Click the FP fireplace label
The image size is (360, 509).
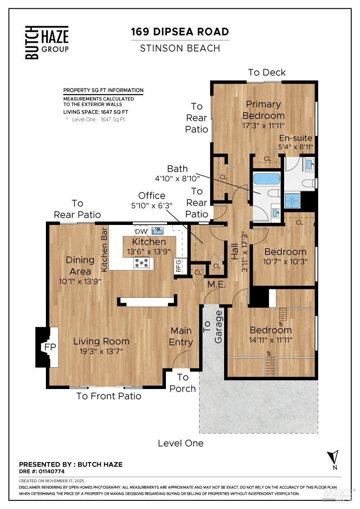click(x=50, y=347)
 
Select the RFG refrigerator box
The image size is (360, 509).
click(x=178, y=266)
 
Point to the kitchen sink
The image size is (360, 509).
click(x=158, y=231)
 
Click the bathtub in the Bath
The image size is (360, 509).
click(x=267, y=178)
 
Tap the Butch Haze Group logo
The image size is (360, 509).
click(x=47, y=42)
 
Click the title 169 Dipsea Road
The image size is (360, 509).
click(x=180, y=32)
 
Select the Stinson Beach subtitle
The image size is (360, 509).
click(x=180, y=48)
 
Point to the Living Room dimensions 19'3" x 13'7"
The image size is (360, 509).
click(x=101, y=351)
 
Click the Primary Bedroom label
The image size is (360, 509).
click(x=264, y=110)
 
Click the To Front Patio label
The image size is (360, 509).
click(x=109, y=396)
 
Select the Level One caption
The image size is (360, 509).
click(x=180, y=443)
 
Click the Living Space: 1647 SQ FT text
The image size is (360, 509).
click(x=95, y=112)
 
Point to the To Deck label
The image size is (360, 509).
click(x=267, y=72)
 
